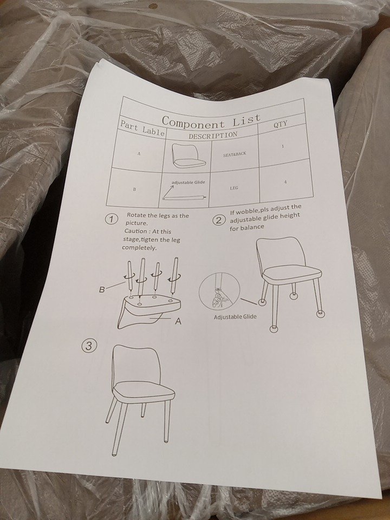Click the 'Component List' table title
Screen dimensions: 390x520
click(x=211, y=121)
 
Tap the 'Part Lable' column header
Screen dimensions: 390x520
click(x=142, y=128)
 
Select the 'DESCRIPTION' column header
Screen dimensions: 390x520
click(x=213, y=135)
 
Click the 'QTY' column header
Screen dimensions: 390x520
click(x=280, y=124)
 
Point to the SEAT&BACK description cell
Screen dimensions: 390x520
click(x=235, y=154)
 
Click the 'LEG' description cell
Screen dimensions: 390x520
click(x=234, y=188)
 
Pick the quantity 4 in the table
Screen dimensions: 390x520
click(x=285, y=182)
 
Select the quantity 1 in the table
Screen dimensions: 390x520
click(x=283, y=146)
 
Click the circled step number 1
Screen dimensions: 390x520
click(x=112, y=219)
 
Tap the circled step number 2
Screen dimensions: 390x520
click(x=219, y=220)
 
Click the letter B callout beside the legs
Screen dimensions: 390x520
click(x=102, y=289)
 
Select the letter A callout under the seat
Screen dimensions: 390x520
click(x=178, y=321)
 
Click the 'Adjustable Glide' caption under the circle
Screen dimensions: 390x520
click(x=235, y=317)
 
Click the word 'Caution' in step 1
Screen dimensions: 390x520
click(x=135, y=231)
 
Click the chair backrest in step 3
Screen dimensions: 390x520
click(x=136, y=364)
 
